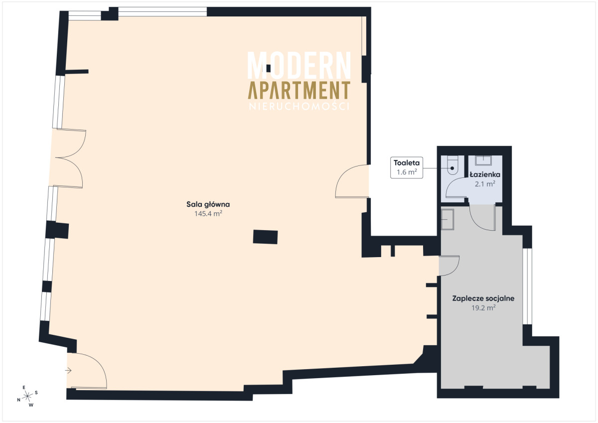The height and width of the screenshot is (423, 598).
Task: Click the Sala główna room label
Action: tap(208, 204)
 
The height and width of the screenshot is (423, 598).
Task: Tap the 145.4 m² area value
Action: tap(208, 214)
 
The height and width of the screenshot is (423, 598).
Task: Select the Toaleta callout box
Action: tap(407, 167)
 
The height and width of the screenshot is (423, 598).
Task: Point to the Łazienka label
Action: tap(485, 174)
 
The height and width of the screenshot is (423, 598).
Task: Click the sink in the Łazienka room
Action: tap(483, 160)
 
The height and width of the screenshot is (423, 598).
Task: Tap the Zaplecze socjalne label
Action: tap(483, 298)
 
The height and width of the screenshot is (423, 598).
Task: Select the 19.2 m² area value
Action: tap(483, 308)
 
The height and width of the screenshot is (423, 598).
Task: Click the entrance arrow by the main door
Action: tap(68, 370)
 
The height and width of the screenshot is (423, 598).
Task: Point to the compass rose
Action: tap(27, 396)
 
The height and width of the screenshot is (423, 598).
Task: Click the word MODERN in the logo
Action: tap(299, 65)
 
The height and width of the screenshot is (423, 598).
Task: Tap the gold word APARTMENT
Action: tap(299, 90)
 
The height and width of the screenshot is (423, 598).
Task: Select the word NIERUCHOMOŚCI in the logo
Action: tap(299, 106)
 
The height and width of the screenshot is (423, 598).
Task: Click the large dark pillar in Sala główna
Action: tap(265, 237)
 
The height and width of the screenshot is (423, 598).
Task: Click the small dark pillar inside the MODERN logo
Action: tap(268, 69)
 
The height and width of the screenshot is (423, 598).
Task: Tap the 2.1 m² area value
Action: tap(485, 184)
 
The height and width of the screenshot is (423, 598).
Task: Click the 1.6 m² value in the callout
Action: tap(407, 172)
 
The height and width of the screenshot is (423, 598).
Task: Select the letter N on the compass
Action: tap(19, 400)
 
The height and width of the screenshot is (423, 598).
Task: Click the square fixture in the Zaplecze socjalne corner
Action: tap(447, 219)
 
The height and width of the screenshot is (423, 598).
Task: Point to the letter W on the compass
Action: tap(31, 405)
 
